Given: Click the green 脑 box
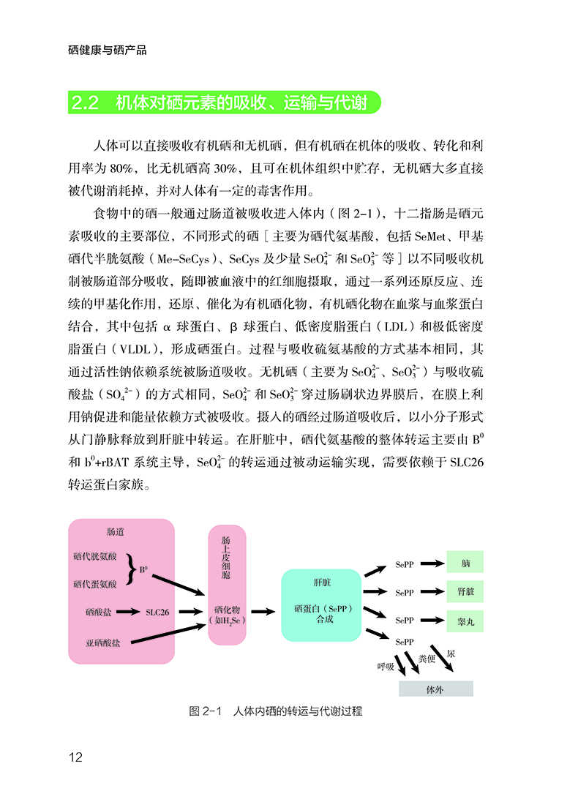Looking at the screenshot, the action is [465, 562].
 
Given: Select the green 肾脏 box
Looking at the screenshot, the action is [465, 591].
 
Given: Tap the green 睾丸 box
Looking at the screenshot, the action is [465, 621].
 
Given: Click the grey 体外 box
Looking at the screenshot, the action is [436, 689].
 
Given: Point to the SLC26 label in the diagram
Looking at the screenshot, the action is [157, 612].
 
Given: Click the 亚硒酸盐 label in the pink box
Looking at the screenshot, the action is [102, 643].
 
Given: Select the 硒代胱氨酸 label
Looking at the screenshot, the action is [95, 556].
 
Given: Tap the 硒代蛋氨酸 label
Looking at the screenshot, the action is [95, 584].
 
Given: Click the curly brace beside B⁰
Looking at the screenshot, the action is [132, 569].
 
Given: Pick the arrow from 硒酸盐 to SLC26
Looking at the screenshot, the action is [128, 612].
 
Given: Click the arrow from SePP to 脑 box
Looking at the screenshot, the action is [432, 563].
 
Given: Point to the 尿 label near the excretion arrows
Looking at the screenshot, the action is [451, 654].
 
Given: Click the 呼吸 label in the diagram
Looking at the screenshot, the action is [386, 667].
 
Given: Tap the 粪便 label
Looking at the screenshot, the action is [427, 658].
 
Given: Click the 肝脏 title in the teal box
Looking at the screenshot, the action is [322, 583].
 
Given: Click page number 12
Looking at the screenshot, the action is [75, 757].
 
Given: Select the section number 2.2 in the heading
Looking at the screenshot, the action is [85, 102].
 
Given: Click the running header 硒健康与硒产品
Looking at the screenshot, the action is [108, 50].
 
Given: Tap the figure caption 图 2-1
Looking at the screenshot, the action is [206, 711].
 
